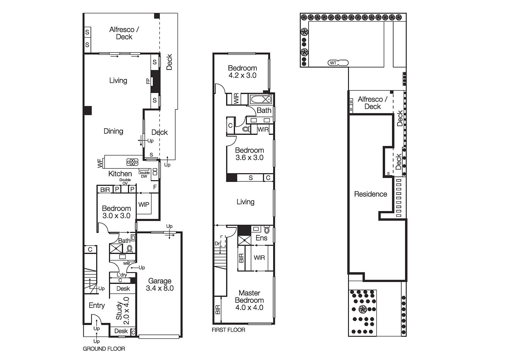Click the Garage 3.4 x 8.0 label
(160, 285)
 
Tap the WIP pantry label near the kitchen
(144, 205)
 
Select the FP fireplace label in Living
(148, 81)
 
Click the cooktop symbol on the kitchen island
(132, 162)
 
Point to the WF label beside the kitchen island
(100, 164)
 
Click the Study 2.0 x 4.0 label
(122, 308)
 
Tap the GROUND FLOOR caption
(104, 349)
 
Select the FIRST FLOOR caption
(228, 330)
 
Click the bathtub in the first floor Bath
(261, 100)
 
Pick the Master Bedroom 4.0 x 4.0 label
(249, 300)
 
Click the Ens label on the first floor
(261, 238)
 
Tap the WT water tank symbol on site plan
(333, 63)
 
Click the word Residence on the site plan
(371, 194)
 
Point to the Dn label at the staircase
(218, 244)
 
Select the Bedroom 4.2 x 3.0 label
(242, 72)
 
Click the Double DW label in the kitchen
(144, 174)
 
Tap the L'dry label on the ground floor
(122, 275)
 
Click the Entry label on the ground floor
(97, 306)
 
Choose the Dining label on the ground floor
(113, 131)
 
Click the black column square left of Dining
(87, 110)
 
